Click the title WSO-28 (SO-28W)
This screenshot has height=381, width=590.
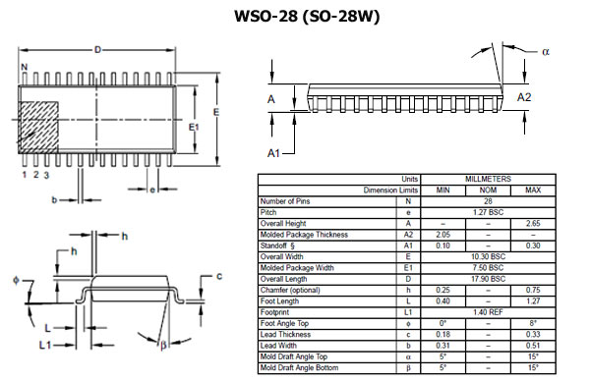click(x=307, y=16)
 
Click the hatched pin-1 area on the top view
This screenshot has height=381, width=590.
click(x=38, y=128)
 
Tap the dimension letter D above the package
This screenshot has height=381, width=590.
click(x=97, y=50)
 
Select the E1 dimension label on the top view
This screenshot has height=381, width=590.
click(x=194, y=128)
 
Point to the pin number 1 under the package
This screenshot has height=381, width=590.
click(x=25, y=175)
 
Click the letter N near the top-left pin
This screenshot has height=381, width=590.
click(x=25, y=67)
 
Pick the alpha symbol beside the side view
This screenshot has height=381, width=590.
click(x=546, y=51)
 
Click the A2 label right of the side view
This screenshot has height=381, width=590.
click(x=524, y=97)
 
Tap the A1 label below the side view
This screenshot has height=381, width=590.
click(x=273, y=153)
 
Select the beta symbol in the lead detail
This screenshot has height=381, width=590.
click(x=163, y=345)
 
